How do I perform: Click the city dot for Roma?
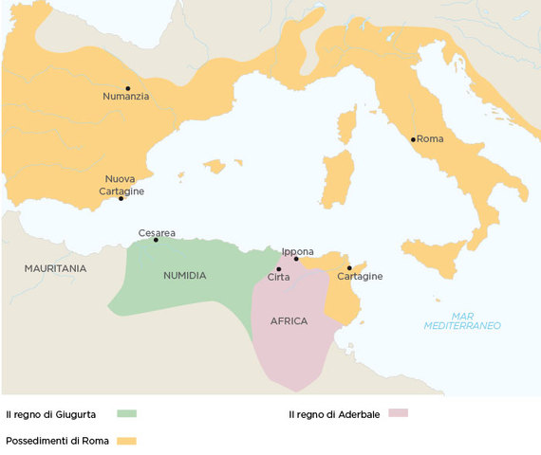pos(413,139)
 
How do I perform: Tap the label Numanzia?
pos(126,96)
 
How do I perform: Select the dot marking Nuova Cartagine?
pos(121,198)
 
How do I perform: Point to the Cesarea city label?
pos(157,232)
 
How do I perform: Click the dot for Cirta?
pos(279,269)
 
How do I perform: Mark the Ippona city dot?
pos(296,259)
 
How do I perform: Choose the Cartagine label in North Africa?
pos(360,277)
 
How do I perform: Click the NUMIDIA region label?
pos(185,276)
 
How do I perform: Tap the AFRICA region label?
pos(289,321)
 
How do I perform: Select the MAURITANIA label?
pos(55,269)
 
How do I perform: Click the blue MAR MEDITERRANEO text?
pos(462,320)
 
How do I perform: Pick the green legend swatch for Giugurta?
pos(127,414)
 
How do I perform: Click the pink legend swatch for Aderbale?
pos(398,413)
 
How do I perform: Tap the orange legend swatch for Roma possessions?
pos(127,441)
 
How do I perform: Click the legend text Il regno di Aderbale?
pos(333,414)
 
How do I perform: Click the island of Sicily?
pos(438,254)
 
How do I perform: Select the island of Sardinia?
pos(336,180)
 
